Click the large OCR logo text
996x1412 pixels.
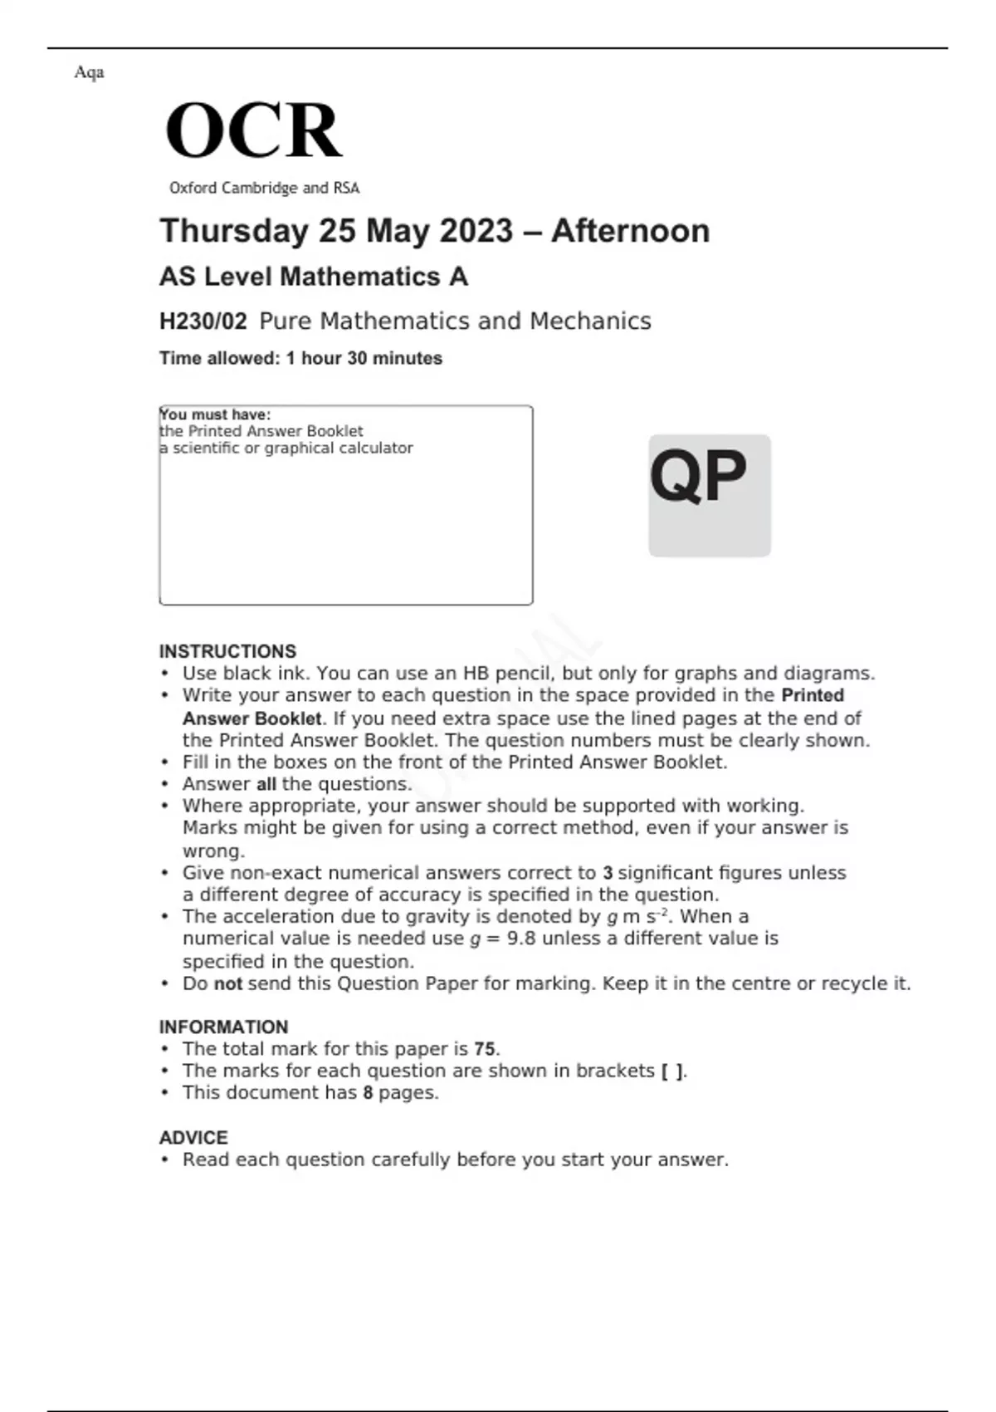pyautogui.click(x=253, y=130)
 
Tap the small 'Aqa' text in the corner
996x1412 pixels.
pyautogui.click(x=89, y=72)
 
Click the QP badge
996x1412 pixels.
pyautogui.click(x=709, y=495)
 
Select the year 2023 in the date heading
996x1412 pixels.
pyautogui.click(x=477, y=231)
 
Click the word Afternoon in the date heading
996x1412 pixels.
pyautogui.click(x=630, y=231)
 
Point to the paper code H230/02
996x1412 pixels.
pyautogui.click(x=203, y=321)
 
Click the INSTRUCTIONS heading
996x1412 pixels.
pyautogui.click(x=227, y=651)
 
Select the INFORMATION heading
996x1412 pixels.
pyautogui.click(x=223, y=1027)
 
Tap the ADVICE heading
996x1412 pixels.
pyautogui.click(x=193, y=1137)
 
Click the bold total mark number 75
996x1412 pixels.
pyautogui.click(x=486, y=1049)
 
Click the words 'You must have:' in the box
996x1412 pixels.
pyautogui.click(x=215, y=414)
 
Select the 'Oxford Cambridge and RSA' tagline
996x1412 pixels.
pyautogui.click(x=264, y=189)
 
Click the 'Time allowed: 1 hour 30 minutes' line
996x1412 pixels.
pyautogui.click(x=300, y=359)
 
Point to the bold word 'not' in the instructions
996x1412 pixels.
pyautogui.click(x=227, y=983)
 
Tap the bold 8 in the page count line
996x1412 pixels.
pyautogui.click(x=368, y=1092)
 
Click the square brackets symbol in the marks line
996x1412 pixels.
pyautogui.click(x=672, y=1071)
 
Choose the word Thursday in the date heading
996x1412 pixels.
pyautogui.click(x=233, y=231)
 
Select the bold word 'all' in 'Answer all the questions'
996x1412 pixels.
pyautogui.click(x=266, y=784)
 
